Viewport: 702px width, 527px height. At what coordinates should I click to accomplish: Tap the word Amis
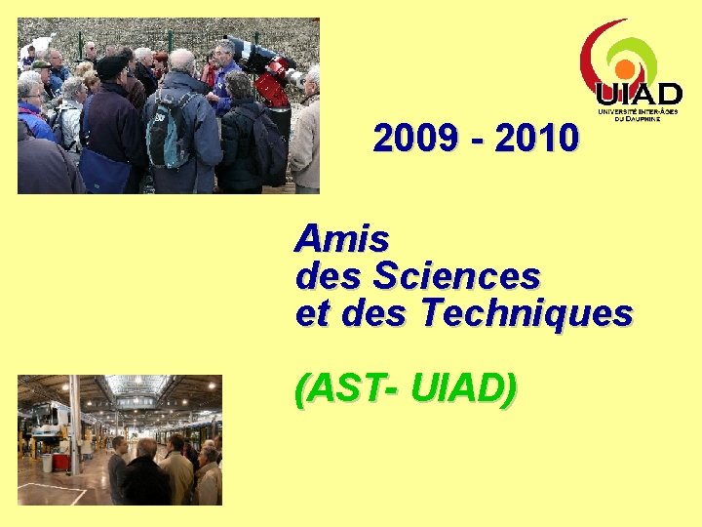pyautogui.click(x=342, y=237)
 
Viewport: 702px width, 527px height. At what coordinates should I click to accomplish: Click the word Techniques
pyautogui.click(x=527, y=314)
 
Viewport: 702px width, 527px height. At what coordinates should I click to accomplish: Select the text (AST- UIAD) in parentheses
pyautogui.click(x=406, y=389)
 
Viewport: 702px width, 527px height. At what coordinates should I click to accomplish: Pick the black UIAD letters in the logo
pyautogui.click(x=640, y=96)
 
